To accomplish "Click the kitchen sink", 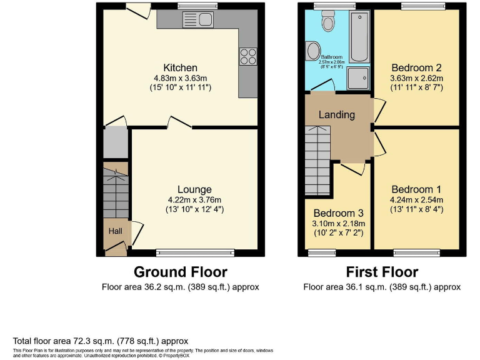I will tap(198, 20).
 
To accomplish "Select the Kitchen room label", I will tap(180, 67).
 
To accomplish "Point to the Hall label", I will tap(116, 231).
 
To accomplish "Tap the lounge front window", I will tap(195, 252).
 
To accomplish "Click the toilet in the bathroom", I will tap(327, 22).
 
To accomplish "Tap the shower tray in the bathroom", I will tap(359, 77).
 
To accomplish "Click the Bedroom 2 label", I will tap(416, 67).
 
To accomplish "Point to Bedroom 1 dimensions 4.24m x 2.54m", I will tap(416, 200).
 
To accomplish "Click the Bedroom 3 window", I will tap(322, 252).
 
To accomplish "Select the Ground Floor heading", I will tap(181, 272).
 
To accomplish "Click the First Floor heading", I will tap(382, 272).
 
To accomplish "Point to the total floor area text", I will tap(101, 341).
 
